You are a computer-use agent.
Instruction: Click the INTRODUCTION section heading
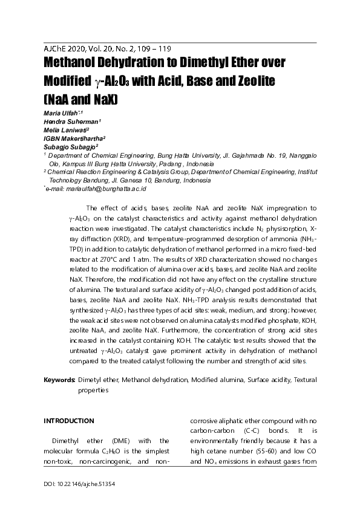(x=69, y=420)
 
